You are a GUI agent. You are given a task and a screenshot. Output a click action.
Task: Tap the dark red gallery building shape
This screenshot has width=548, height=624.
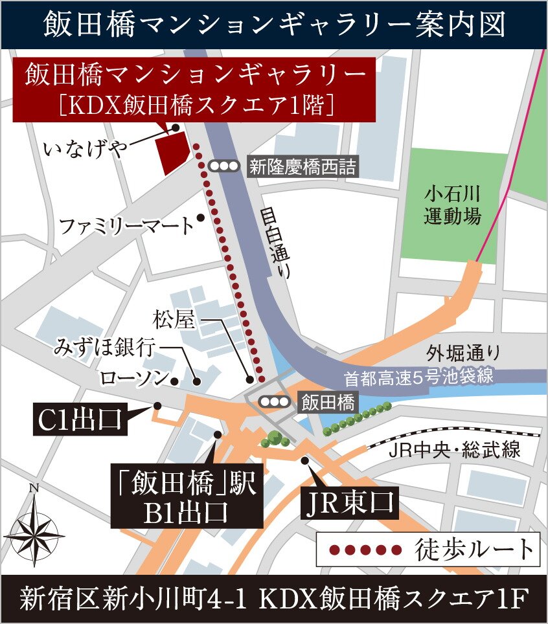coord(176,150)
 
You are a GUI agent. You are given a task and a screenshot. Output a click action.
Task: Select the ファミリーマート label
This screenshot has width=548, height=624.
coord(126,227)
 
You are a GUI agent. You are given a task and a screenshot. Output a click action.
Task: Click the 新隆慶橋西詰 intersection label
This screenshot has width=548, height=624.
coord(302,167)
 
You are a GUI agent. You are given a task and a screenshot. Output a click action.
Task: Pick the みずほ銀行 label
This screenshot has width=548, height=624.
coord(104,348)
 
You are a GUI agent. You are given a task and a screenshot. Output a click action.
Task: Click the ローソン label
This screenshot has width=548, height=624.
coord(133,377)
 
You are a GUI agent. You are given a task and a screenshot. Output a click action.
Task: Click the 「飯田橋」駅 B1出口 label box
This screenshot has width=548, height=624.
coord(187,497)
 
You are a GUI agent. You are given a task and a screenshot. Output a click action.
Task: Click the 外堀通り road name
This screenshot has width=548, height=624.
coord(462,353)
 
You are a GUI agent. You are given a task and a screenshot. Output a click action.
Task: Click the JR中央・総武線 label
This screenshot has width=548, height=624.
coord(453,450)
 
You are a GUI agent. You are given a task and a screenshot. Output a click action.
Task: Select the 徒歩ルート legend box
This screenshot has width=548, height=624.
coord(428,550)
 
